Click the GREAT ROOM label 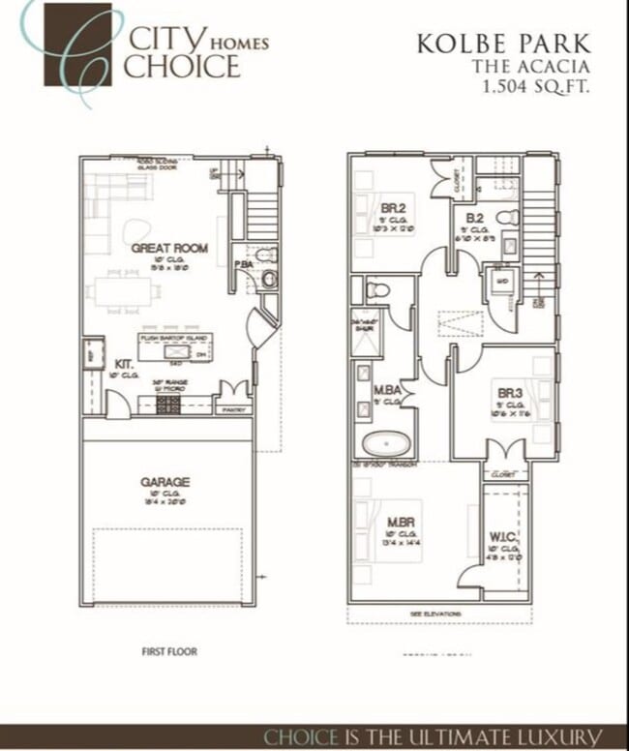(x=170, y=249)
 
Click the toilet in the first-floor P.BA (x=270, y=279)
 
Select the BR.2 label (x=393, y=208)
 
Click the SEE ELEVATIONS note (x=437, y=615)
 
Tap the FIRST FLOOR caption (x=169, y=651)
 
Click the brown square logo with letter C (x=76, y=45)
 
